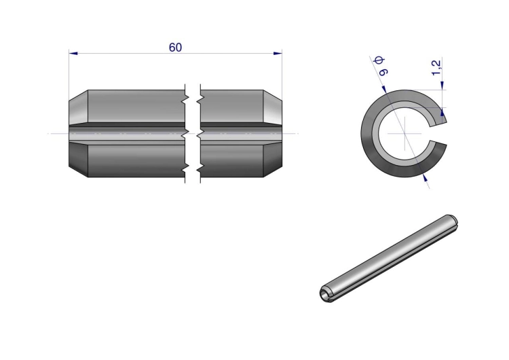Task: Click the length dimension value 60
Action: tap(175, 48)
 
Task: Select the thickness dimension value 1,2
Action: tap(436, 67)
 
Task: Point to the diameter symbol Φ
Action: tap(379, 60)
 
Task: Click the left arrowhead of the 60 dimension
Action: tap(73, 53)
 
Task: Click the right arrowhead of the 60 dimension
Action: tap(278, 53)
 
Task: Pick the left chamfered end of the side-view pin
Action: tap(78, 134)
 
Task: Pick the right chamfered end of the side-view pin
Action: tap(272, 134)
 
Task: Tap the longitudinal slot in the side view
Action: tap(175, 134)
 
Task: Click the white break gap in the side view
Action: tap(193, 134)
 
